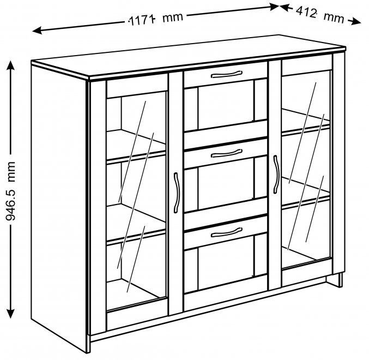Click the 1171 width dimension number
(x=142, y=20)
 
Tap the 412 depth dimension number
(x=306, y=12)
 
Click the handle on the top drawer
(x=226, y=74)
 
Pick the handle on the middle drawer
(x=226, y=153)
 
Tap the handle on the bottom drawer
(x=226, y=232)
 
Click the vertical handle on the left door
(x=176, y=193)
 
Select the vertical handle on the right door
(x=276, y=175)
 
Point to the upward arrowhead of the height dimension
(x=10, y=65)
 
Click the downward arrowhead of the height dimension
(x=10, y=313)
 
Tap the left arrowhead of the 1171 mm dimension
(x=37, y=31)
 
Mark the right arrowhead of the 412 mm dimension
(x=355, y=22)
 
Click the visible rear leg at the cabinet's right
(x=340, y=280)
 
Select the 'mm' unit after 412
(x=334, y=17)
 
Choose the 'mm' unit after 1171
(x=172, y=17)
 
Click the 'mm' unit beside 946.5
(x=11, y=171)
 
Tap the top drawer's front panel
(x=226, y=75)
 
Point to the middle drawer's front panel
(x=226, y=154)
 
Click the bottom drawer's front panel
(x=226, y=232)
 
